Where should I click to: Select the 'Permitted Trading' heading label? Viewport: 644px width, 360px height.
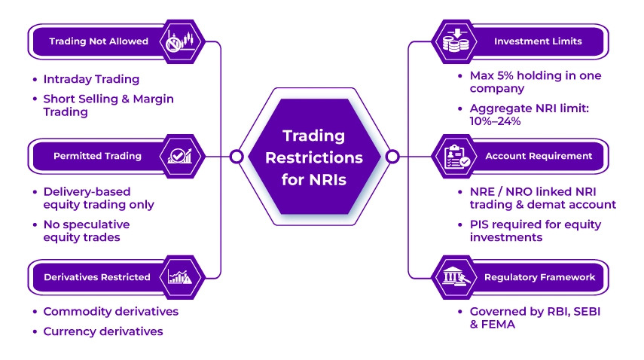click(97, 156)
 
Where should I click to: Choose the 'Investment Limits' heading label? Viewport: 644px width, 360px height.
click(538, 41)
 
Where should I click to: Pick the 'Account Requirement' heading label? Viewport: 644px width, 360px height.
click(539, 156)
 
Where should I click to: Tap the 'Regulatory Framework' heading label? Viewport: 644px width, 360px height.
click(539, 277)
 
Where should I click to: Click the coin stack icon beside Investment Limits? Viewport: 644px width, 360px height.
click(456, 41)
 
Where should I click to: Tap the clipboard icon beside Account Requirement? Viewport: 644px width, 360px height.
click(456, 156)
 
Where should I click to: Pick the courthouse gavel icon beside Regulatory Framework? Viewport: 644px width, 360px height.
click(456, 277)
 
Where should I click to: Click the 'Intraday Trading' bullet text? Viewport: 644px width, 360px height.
click(91, 79)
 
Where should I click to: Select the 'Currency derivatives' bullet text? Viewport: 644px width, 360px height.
click(103, 331)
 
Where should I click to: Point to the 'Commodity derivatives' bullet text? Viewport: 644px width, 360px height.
click(111, 312)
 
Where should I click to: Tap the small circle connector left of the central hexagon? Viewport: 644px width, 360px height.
click(237, 157)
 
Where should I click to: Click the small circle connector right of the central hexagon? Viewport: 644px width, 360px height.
click(392, 157)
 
